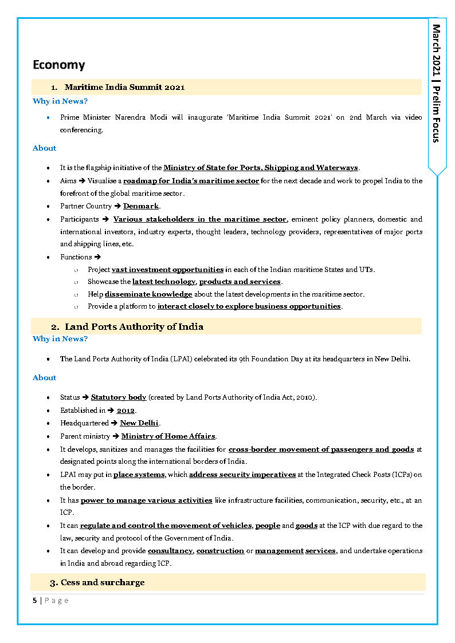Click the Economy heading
[58, 65]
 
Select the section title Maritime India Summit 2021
[124, 87]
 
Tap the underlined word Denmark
[141, 206]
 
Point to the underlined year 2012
[125, 410]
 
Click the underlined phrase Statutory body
[119, 397]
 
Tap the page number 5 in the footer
[35, 600]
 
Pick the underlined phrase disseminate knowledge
[148, 294]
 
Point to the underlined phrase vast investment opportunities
[167, 269]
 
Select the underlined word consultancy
[171, 551]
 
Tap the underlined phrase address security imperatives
[242, 475]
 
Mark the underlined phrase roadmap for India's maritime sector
[191, 181]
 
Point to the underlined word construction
[221, 551]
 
